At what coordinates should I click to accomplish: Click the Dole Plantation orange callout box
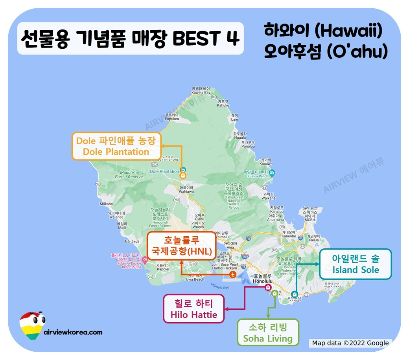tap(116, 146)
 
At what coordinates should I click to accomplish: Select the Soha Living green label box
tap(268, 332)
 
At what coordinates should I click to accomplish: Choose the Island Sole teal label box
tap(356, 264)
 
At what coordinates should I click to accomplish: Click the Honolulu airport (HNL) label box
tap(182, 246)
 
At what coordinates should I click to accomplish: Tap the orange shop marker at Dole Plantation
tap(183, 176)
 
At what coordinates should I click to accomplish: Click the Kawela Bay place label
tap(201, 91)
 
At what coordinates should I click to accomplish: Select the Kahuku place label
tap(223, 103)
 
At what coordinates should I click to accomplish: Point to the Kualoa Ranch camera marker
tap(272, 173)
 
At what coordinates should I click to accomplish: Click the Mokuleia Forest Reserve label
tap(129, 174)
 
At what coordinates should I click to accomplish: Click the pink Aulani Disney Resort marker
tap(145, 259)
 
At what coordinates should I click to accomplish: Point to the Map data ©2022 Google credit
tap(350, 343)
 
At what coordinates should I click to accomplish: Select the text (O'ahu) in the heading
tap(357, 51)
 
